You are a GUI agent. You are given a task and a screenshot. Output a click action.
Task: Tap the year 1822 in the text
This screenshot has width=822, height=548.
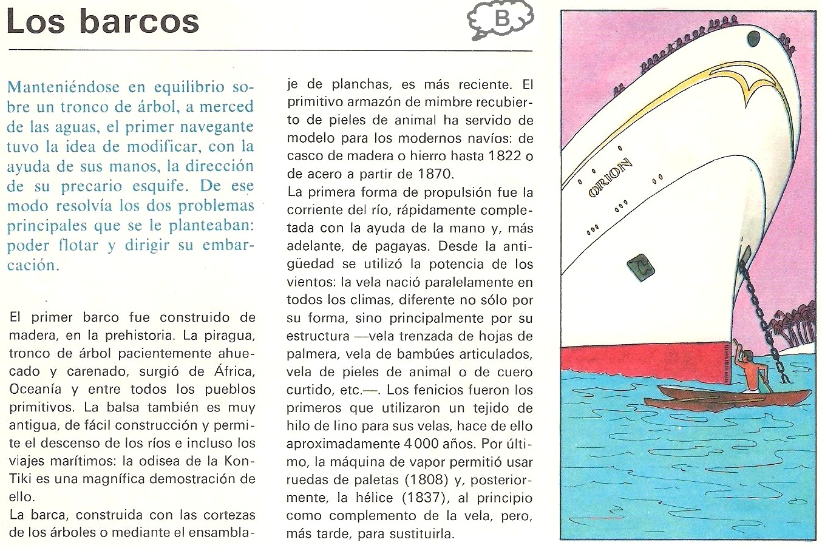click(504, 156)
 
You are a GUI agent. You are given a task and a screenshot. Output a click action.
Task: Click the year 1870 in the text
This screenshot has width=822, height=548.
click(435, 174)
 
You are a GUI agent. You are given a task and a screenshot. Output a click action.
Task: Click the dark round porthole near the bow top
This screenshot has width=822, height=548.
click(753, 38)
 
